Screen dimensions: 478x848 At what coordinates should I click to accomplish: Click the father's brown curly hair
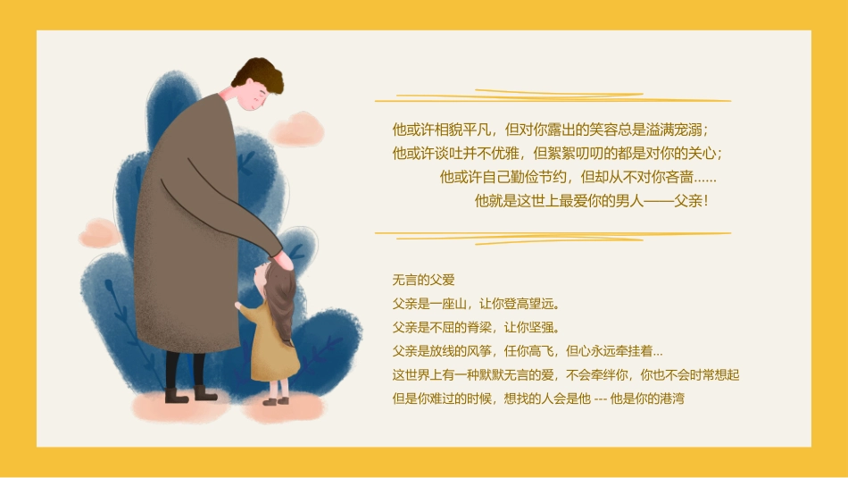pyautogui.click(x=261, y=73)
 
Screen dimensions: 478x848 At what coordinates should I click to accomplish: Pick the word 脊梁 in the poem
pyautogui.click(x=475, y=327)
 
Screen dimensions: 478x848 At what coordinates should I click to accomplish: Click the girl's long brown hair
pyautogui.click(x=283, y=304)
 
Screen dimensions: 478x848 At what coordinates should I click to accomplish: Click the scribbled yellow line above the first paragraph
pyautogui.click(x=553, y=96)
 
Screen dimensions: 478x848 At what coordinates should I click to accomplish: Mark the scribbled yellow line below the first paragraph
pyautogui.click(x=553, y=237)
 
